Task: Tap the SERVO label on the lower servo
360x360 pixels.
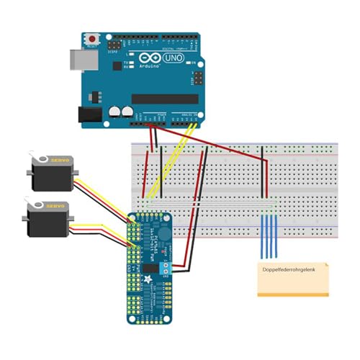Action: pos(57,205)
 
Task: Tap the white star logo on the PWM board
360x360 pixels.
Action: pos(148,279)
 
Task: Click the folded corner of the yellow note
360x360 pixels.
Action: pos(325,266)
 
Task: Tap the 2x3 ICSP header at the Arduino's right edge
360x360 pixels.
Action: pos(195,76)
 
